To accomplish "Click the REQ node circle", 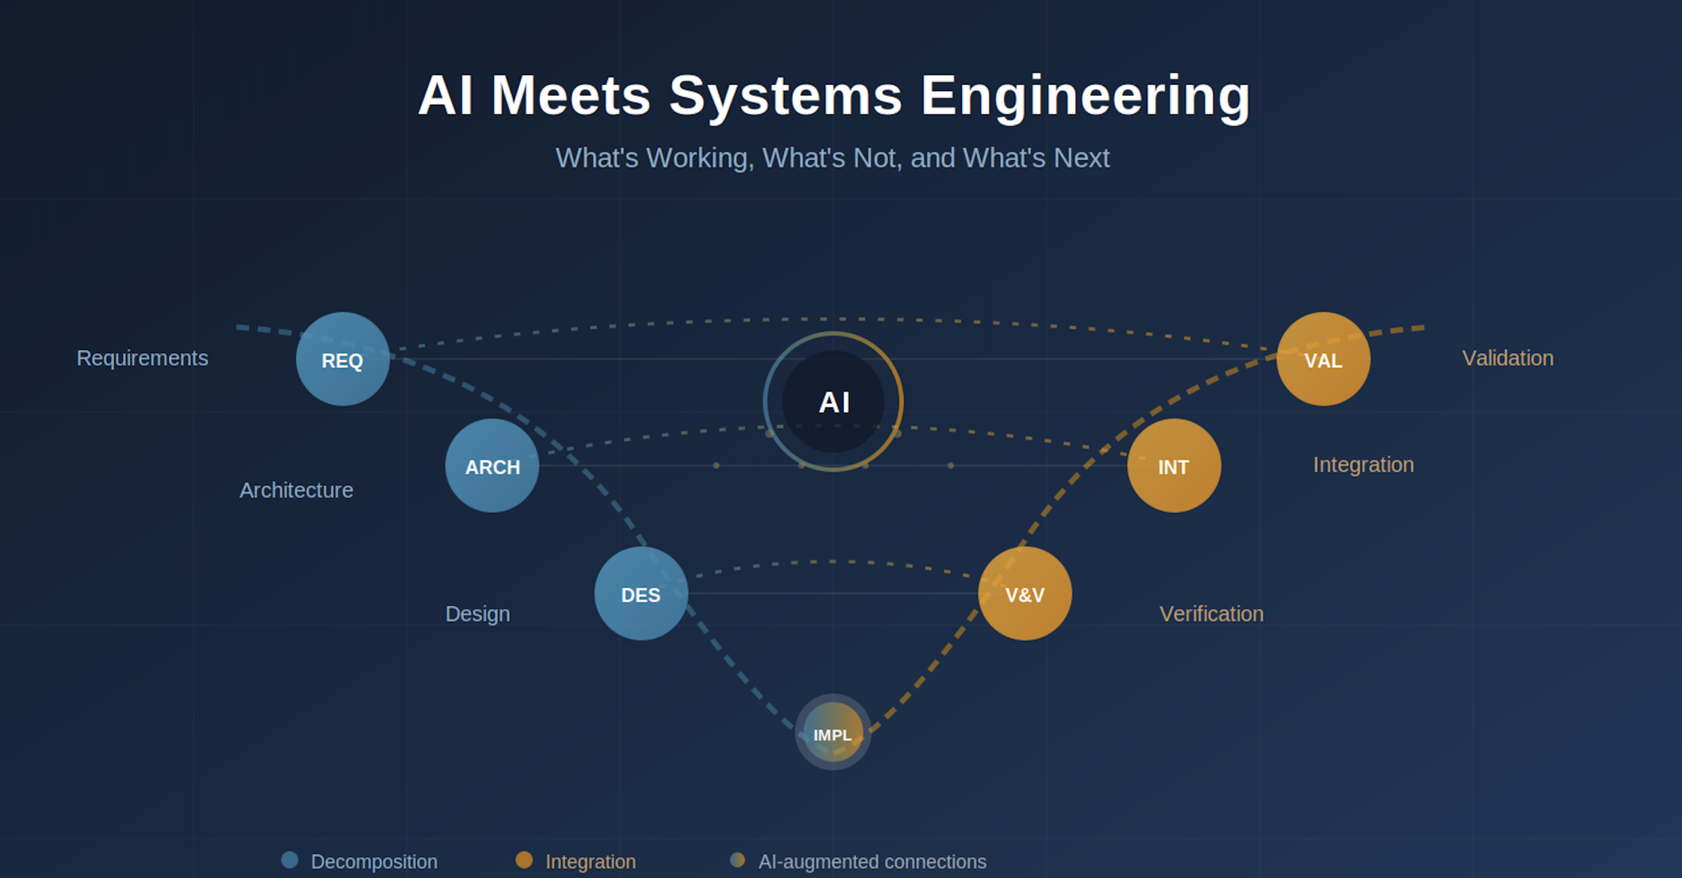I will click(x=342, y=359).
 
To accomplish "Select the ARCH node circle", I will click(x=492, y=466).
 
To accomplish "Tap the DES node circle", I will click(x=641, y=594).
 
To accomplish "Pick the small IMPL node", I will click(x=832, y=733).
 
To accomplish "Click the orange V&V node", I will click(x=1024, y=594).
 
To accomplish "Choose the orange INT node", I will click(x=1173, y=466).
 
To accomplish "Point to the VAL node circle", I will click(x=1323, y=359).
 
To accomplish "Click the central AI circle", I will click(x=833, y=402).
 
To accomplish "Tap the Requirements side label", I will click(x=142, y=359).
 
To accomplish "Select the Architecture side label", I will click(x=296, y=491).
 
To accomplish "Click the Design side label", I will click(x=478, y=614).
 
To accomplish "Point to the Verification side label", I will click(x=1211, y=614).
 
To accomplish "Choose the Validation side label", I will click(x=1507, y=359).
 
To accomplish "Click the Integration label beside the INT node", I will click(x=1363, y=465).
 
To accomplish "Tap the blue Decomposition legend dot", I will click(x=290, y=860).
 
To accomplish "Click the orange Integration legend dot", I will click(x=524, y=860).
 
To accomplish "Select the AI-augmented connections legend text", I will click(x=872, y=862).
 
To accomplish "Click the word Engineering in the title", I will click(x=1085, y=97).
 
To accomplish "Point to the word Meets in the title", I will click(x=570, y=97).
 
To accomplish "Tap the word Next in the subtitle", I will click(x=1081, y=158).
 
